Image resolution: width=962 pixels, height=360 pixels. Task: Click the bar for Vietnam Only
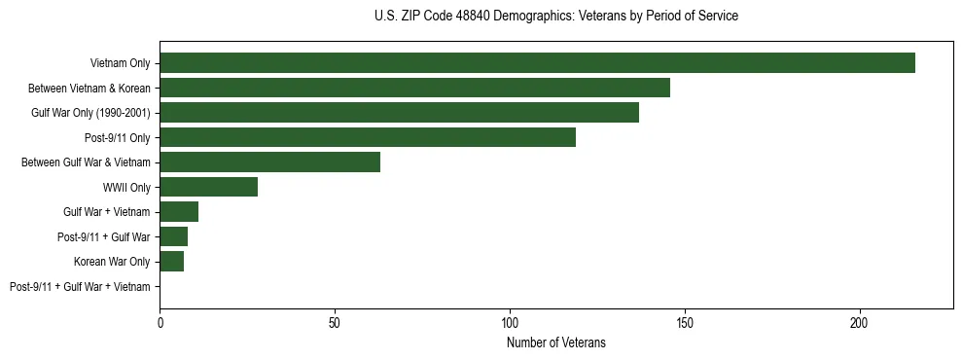pyautogui.click(x=537, y=63)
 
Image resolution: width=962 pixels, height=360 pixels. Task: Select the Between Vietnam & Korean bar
pyautogui.click(x=414, y=88)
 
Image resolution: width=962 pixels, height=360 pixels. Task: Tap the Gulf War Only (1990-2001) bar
pyautogui.click(x=399, y=113)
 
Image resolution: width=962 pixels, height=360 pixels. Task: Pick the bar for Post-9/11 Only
pyautogui.click(x=368, y=137)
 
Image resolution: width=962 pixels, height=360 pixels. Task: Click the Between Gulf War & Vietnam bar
pyautogui.click(x=269, y=162)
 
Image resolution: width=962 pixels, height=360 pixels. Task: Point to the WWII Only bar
pyautogui.click(x=208, y=187)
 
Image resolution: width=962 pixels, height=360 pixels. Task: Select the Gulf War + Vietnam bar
pyautogui.click(x=179, y=212)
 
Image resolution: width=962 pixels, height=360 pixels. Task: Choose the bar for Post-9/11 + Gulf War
pyautogui.click(x=173, y=236)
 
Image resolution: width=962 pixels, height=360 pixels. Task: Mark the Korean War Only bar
pyautogui.click(x=171, y=262)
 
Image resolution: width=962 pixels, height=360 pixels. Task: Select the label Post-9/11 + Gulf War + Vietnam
pyautogui.click(x=80, y=287)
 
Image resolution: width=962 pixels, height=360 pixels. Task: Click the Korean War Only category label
pyautogui.click(x=112, y=262)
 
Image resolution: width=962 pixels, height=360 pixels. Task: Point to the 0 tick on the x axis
pyautogui.click(x=160, y=321)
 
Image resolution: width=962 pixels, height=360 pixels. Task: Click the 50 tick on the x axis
pyautogui.click(x=335, y=321)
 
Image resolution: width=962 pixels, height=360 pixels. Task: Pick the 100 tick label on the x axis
pyautogui.click(x=510, y=321)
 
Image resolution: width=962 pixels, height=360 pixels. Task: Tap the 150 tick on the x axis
pyautogui.click(x=685, y=321)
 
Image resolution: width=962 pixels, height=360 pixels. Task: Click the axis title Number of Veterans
pyautogui.click(x=555, y=342)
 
